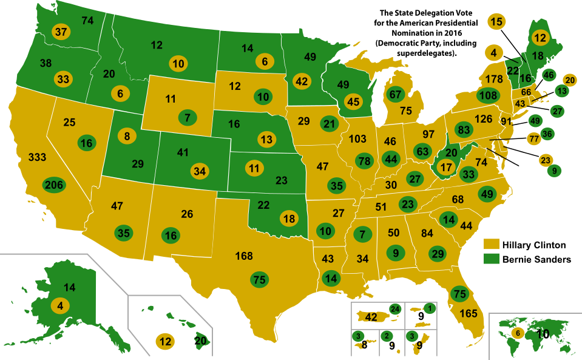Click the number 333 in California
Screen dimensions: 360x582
coord(37,158)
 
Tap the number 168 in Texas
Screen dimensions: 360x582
coord(244,256)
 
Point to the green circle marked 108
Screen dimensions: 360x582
coord(488,95)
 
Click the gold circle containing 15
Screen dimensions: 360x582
coord(496,22)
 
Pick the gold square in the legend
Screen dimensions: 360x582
coord(492,244)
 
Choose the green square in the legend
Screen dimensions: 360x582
coord(492,258)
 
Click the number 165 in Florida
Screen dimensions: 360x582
coord(469,314)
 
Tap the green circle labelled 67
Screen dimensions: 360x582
coord(396,95)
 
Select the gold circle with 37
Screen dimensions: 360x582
coord(61,32)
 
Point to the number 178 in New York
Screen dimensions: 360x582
coord(494,79)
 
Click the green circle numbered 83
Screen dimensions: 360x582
coord(464,130)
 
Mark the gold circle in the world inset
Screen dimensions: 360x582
coord(517,333)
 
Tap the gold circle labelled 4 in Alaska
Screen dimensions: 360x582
coord(59,305)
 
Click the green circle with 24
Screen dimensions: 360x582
coord(396,309)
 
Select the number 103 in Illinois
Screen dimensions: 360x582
coord(357,139)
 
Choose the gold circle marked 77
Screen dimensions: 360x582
coord(534,138)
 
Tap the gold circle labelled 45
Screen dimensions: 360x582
coord(354,101)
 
